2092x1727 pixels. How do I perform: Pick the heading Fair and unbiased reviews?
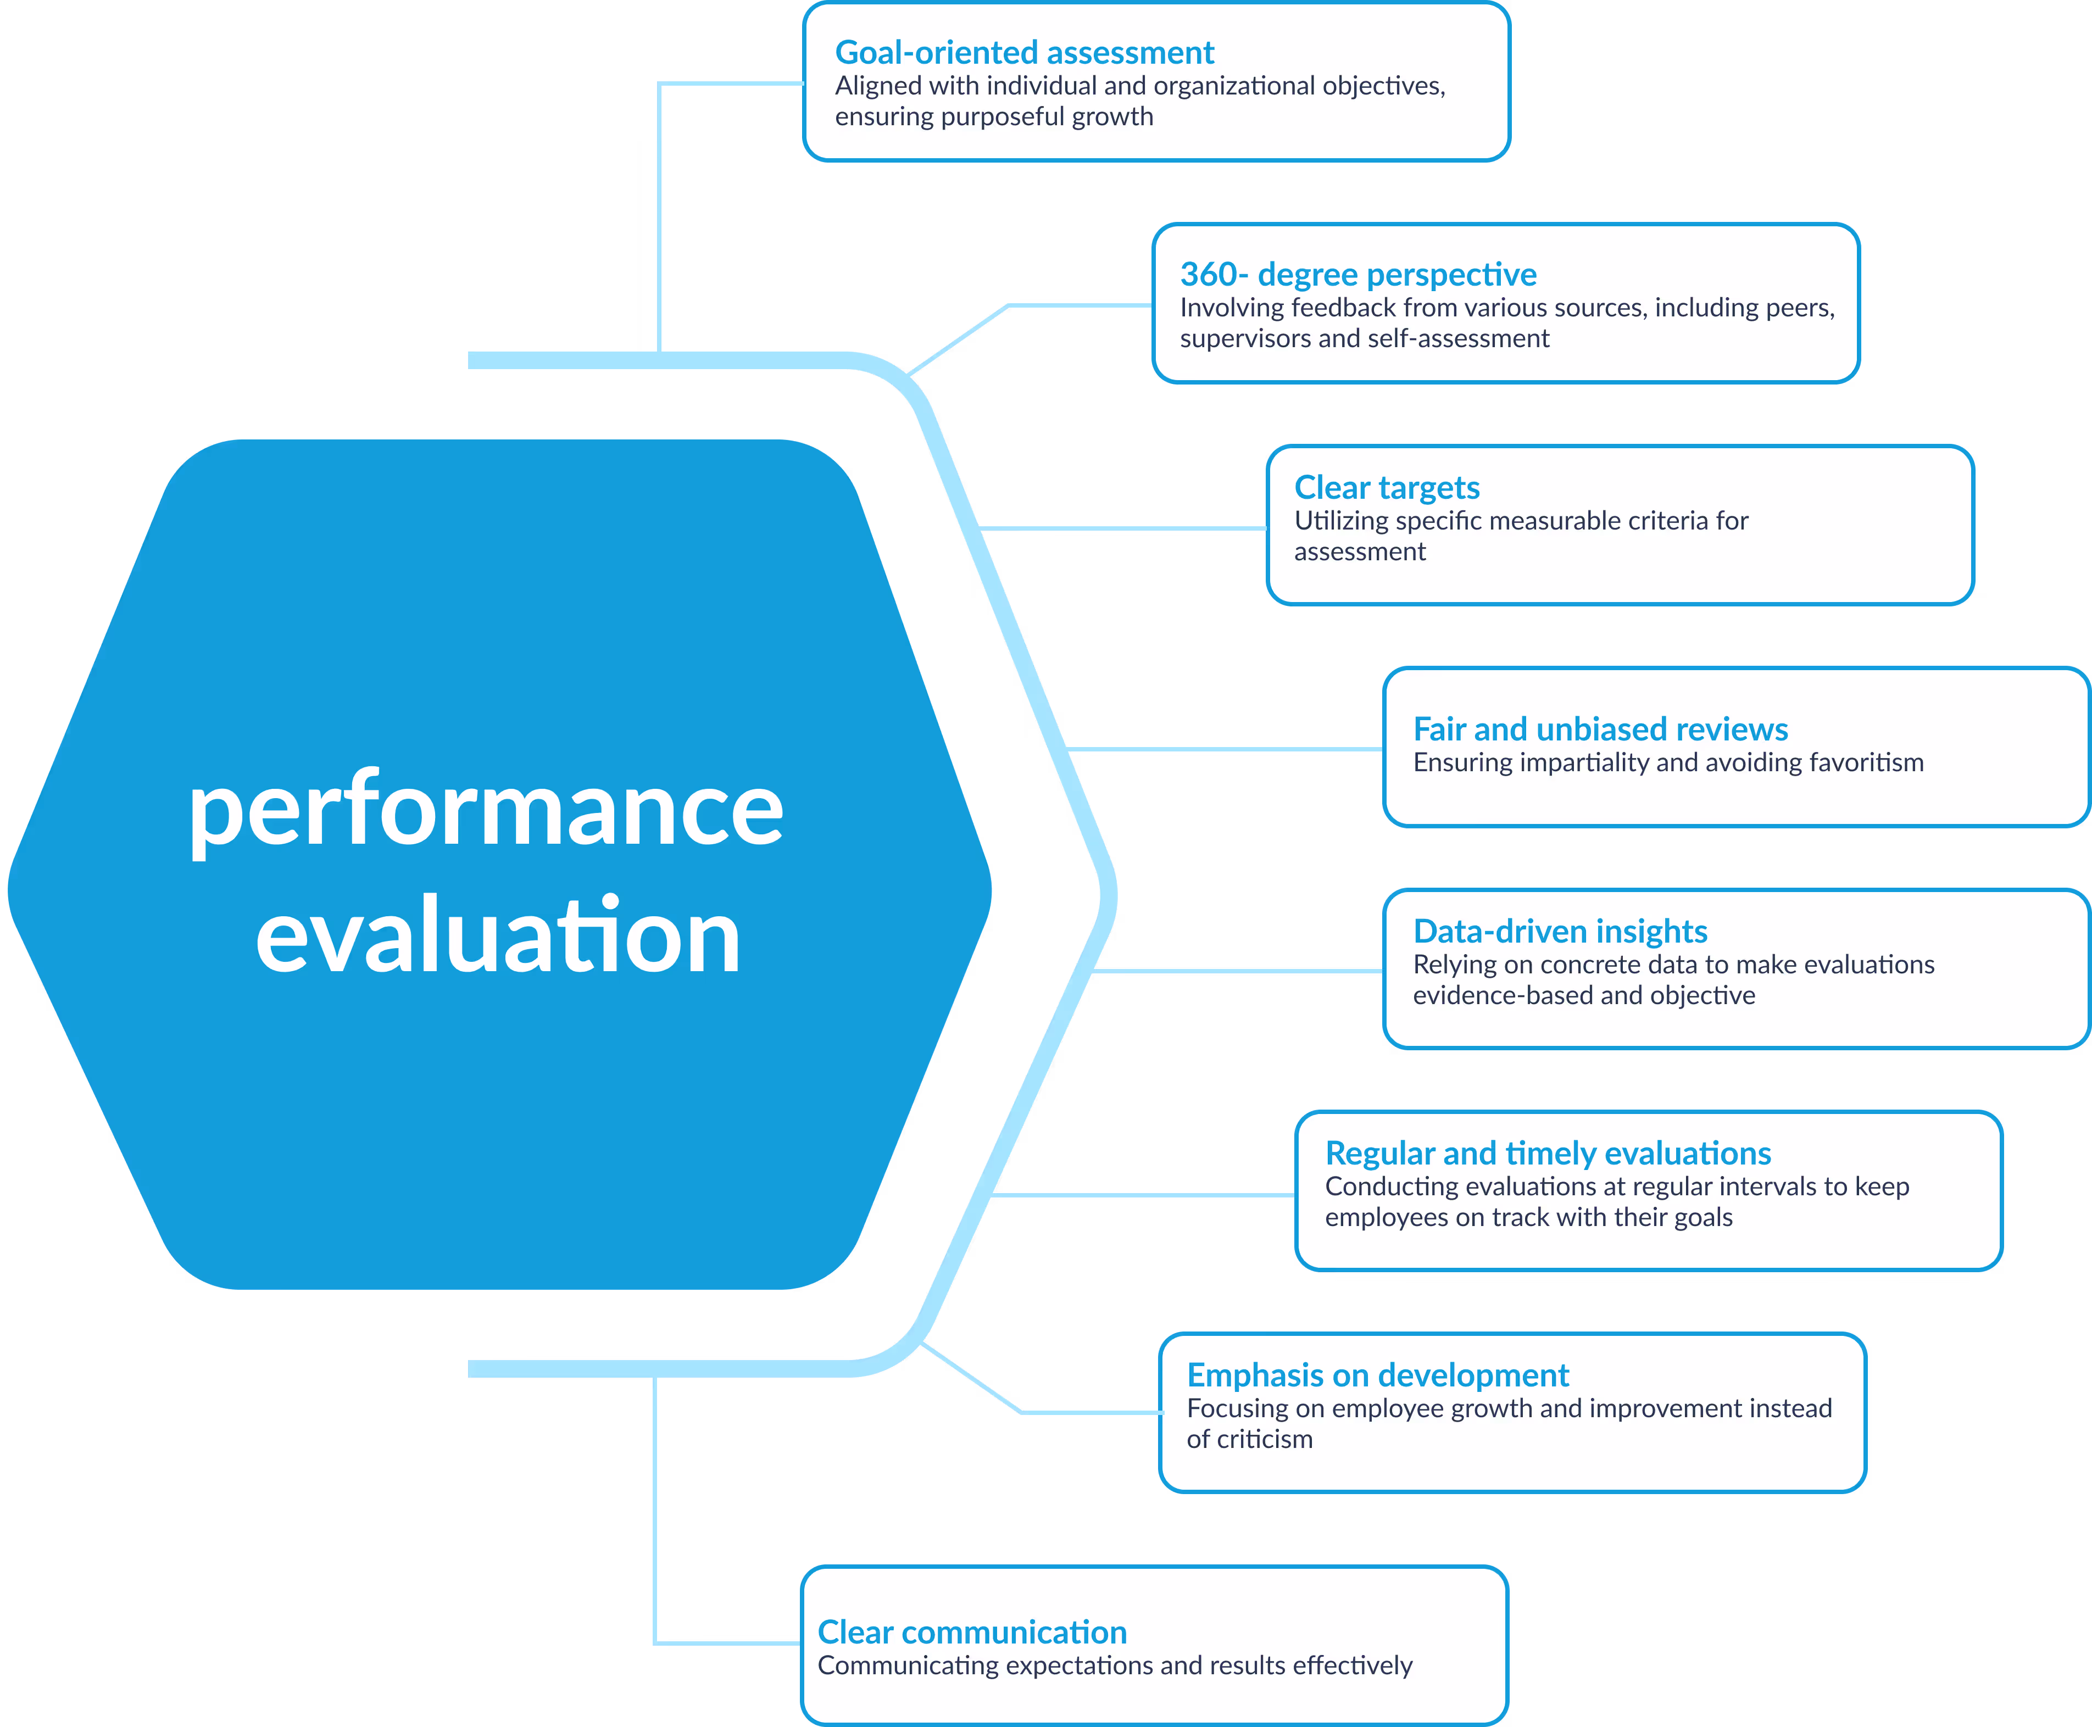(x=1600, y=729)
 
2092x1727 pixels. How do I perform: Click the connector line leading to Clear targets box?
(x=1124, y=528)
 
